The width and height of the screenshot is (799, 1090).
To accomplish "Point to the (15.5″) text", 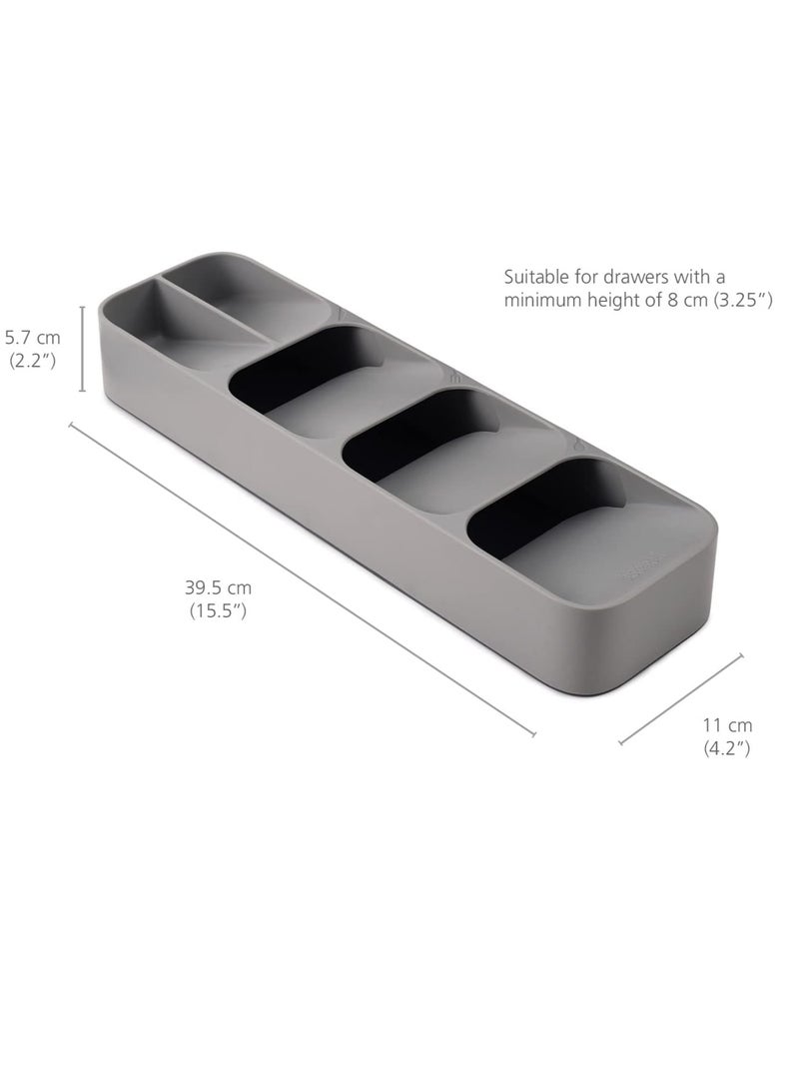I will pos(217,611).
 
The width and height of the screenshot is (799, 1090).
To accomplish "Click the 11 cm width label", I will pos(728,725).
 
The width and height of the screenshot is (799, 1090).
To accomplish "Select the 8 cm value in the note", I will pos(663,300).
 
